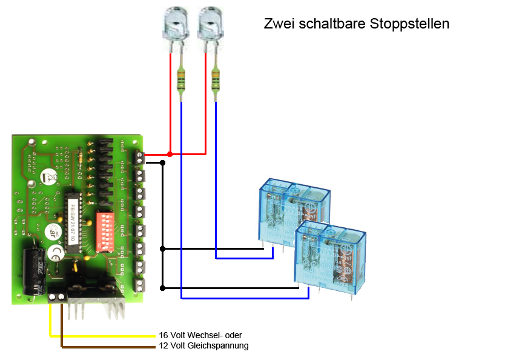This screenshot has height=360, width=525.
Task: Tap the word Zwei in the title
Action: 278,24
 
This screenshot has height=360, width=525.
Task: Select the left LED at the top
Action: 174,25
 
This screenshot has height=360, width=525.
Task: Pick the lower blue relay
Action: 331,254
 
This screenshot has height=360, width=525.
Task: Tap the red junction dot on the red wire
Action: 170,155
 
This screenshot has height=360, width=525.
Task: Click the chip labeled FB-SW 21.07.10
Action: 73,227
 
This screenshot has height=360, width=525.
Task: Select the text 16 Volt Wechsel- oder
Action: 200,335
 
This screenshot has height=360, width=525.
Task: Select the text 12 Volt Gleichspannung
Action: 203,345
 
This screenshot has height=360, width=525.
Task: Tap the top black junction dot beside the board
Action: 162,162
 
